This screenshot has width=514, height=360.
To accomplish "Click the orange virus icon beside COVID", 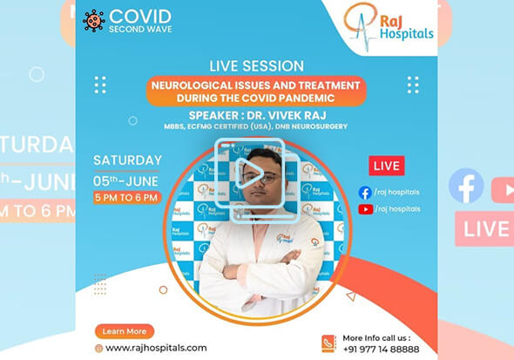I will (x=93, y=20).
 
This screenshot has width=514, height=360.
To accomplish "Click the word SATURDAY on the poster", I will (x=127, y=160).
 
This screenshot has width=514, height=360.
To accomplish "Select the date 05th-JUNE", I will (x=127, y=180).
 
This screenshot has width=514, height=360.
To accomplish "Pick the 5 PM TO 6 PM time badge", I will (x=127, y=198).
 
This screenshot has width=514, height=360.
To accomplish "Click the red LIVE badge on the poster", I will (x=386, y=166).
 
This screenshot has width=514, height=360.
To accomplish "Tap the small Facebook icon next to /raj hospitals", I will (x=364, y=193).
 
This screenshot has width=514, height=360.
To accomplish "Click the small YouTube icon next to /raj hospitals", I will (x=364, y=209).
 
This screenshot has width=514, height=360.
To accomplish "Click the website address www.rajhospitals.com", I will (x=156, y=348).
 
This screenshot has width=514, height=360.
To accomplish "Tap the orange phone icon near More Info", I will (x=328, y=343).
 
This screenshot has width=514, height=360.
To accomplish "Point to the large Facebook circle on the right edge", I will (x=466, y=186).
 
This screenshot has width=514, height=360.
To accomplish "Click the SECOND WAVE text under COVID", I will (x=139, y=29).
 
